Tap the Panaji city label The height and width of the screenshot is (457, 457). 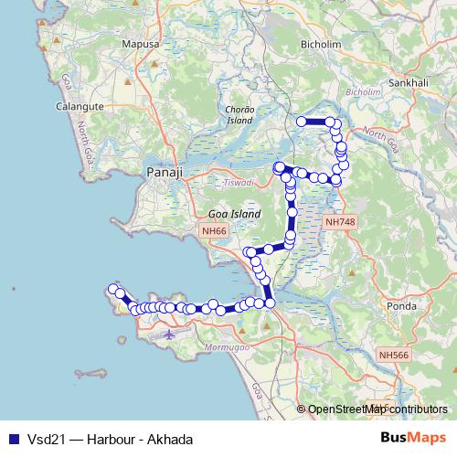coord(165,172)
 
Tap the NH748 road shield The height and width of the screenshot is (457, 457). coord(339,221)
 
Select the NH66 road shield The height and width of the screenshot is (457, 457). coord(216,232)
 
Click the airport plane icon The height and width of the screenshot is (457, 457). coord(169,335)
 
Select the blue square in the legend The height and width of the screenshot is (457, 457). coord(13,439)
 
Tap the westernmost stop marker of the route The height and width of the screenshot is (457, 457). coord(114,290)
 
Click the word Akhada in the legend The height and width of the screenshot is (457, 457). coord(170,439)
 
